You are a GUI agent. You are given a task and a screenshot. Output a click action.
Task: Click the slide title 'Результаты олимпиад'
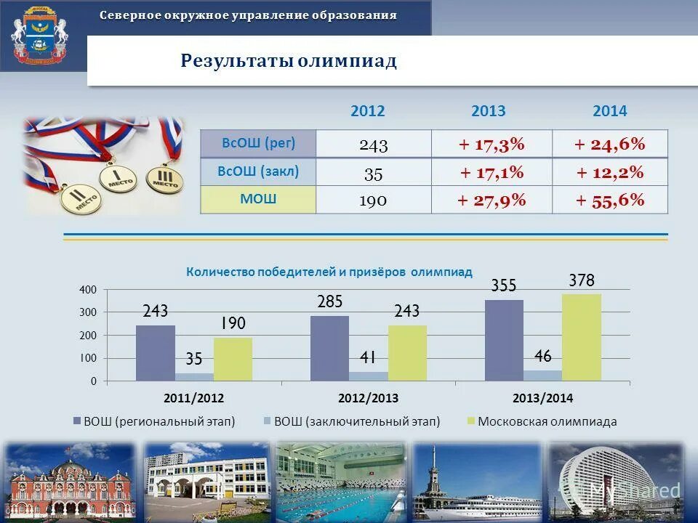coord(289,61)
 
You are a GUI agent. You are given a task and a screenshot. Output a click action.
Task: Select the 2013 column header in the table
coord(488,111)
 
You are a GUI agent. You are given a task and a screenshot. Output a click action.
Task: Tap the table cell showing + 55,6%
coord(610,200)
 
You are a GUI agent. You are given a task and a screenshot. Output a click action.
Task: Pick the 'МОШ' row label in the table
coord(258,199)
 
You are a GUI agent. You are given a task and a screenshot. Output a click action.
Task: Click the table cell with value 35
coord(373,172)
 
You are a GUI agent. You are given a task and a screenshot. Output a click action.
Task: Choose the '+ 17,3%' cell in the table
coord(492,144)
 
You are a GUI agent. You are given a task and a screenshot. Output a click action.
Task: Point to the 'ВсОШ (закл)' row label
coord(258,171)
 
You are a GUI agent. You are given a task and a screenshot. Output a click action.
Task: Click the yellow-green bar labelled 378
coord(582,337)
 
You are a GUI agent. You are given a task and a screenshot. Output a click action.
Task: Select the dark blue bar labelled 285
coord(329,348)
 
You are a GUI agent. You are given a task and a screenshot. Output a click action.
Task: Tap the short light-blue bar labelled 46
coord(542,376)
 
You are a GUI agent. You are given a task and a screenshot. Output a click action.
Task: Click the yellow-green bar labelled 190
coord(233,359)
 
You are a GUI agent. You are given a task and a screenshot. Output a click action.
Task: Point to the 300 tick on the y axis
coord(88,312)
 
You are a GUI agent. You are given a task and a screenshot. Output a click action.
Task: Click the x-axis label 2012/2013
coord(369,398)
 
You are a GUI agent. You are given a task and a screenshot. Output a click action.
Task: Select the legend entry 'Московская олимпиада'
coord(547,421)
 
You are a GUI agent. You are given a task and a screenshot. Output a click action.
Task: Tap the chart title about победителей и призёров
coord(329,272)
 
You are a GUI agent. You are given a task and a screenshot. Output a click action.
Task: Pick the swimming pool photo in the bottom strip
coord(340,480)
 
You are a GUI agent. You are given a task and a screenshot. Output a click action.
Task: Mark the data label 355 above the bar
coord(503,286)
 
